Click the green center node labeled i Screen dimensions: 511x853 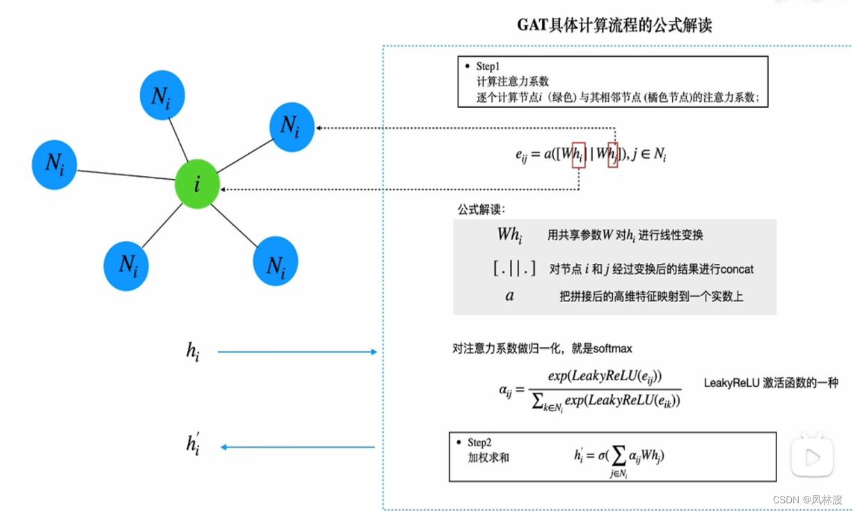click(198, 184)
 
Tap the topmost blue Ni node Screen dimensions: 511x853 click(161, 97)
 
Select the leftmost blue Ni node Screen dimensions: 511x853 click(54, 164)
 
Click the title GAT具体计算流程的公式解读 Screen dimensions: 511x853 click(614, 26)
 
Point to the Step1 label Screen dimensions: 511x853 click(488, 66)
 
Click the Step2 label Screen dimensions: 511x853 click(479, 443)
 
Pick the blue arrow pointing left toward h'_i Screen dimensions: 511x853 click(298, 447)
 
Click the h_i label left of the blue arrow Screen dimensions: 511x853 click(193, 352)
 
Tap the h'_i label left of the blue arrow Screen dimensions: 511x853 click(193, 444)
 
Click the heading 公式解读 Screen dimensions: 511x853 click(481, 210)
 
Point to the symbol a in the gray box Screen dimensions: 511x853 click(509, 296)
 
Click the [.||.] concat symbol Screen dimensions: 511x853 click(513, 268)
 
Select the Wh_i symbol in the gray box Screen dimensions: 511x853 click(509, 235)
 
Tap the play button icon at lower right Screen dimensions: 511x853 click(811, 457)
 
